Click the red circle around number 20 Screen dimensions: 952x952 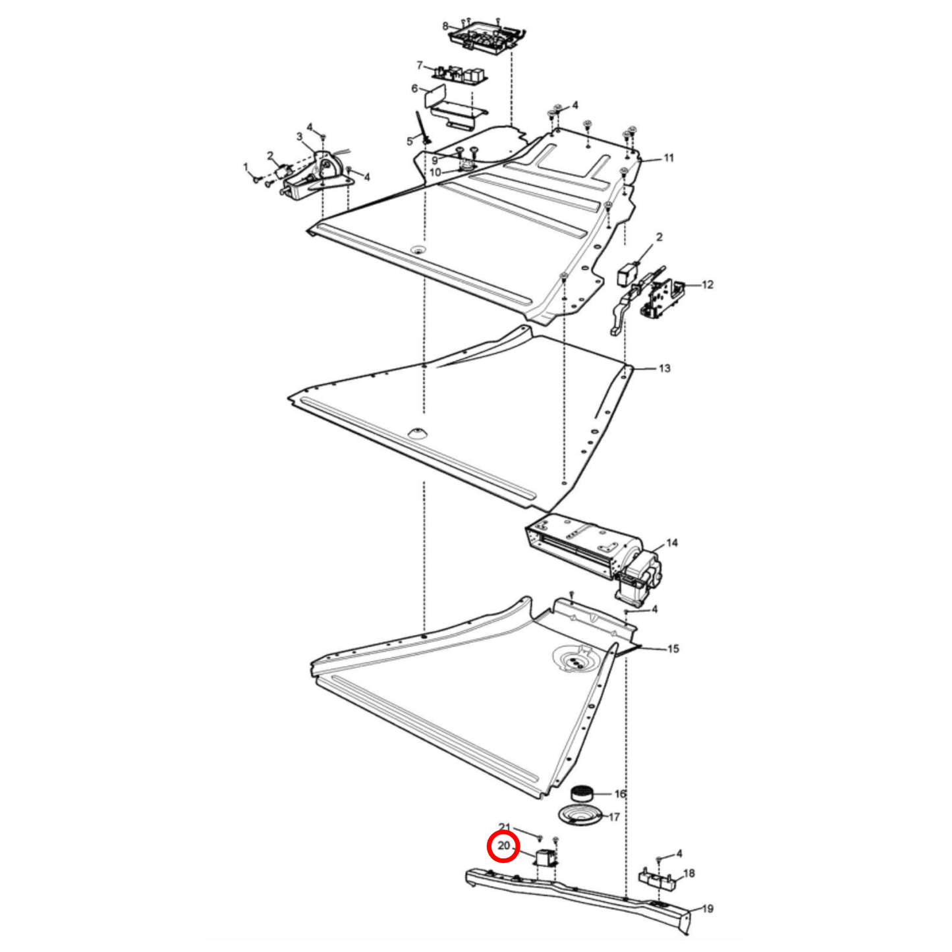click(x=503, y=860)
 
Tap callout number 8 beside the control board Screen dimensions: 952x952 click(x=445, y=26)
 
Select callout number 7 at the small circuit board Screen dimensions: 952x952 click(x=420, y=65)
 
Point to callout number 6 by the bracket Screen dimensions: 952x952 click(x=414, y=89)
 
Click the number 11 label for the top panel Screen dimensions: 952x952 click(x=668, y=158)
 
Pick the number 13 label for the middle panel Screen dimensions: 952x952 click(x=665, y=368)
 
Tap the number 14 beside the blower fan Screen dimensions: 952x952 click(x=672, y=544)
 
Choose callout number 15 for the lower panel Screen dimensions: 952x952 click(x=673, y=649)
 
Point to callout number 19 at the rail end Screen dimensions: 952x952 click(x=708, y=909)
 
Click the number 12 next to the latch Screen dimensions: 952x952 click(x=708, y=285)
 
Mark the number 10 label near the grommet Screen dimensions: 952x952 click(x=435, y=173)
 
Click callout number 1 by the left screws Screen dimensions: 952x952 click(x=246, y=167)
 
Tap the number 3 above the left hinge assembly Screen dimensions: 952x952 click(x=299, y=137)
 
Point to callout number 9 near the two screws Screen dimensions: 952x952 click(x=434, y=161)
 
